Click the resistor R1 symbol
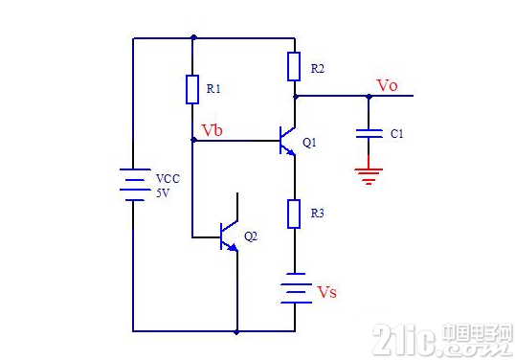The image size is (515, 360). click(x=192, y=89)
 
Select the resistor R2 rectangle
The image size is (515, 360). click(x=294, y=66)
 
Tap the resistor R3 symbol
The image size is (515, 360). click(x=294, y=214)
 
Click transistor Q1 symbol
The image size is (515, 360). click(x=288, y=141)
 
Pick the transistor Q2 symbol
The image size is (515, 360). click(x=230, y=236)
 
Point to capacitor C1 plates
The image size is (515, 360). click(x=369, y=134)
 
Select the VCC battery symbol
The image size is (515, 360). click(x=135, y=184)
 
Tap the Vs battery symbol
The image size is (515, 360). click(x=296, y=288)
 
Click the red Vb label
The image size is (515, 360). click(x=212, y=130)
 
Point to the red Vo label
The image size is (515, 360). click(x=388, y=85)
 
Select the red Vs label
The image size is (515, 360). click(x=326, y=292)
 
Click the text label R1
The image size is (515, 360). click(x=213, y=89)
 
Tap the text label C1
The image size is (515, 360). click(x=396, y=134)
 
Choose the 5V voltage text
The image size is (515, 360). click(x=163, y=193)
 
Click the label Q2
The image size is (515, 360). click(x=251, y=236)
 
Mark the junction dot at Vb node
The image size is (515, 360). click(x=193, y=140)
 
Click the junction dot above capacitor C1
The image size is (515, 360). click(x=369, y=97)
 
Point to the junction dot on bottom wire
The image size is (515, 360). click(x=236, y=332)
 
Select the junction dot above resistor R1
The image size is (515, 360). click(x=193, y=37)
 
